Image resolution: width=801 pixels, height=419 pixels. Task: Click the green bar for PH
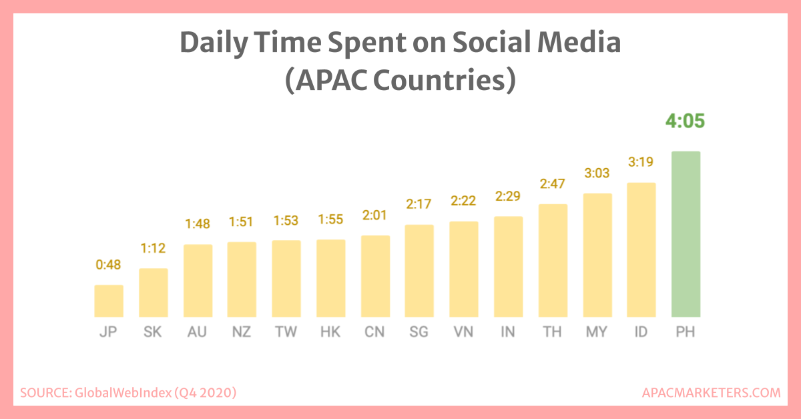coord(686,234)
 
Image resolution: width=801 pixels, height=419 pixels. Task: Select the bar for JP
coord(109,301)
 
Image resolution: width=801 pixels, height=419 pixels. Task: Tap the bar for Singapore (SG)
coord(419,271)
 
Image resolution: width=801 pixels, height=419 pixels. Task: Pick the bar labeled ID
coord(641,250)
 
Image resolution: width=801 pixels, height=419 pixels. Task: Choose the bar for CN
coord(375,276)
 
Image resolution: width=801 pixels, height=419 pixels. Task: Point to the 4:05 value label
coord(686,122)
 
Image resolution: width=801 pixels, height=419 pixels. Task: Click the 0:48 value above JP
coord(109,265)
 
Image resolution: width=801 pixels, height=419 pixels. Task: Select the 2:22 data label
coord(464,201)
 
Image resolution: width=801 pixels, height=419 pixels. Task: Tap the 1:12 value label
coord(153,249)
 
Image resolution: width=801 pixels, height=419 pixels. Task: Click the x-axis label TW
coord(286,332)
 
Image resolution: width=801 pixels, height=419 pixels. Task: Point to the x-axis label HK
coord(330,332)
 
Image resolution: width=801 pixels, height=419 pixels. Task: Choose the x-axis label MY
coord(597,332)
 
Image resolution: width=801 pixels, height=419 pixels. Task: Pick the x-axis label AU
coord(198,332)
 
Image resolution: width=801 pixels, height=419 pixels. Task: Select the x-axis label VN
coord(464,332)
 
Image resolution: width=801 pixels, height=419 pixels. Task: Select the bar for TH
coord(553,260)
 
